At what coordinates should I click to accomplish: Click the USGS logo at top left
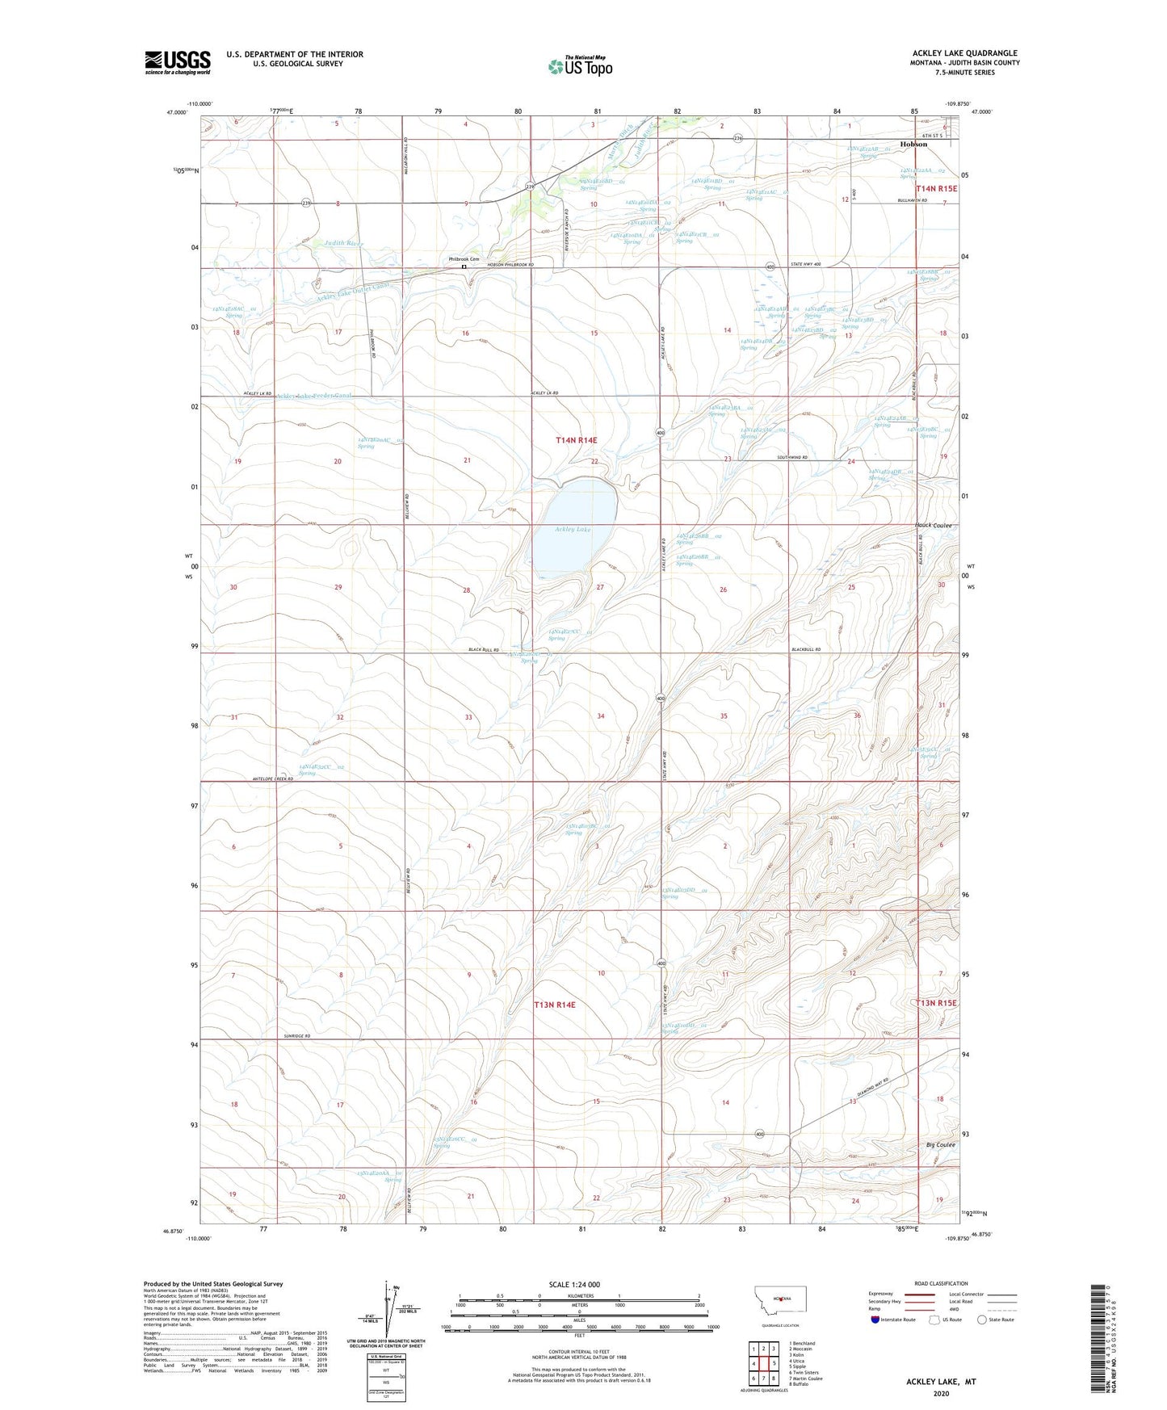pos(178,61)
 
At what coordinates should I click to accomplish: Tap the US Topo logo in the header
pos(580,66)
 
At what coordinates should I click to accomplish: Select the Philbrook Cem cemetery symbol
pos(464,266)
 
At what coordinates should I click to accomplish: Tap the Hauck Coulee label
pos(934,526)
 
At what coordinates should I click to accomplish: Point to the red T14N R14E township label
pos(577,440)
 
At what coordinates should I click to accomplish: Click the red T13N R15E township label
pos(936,1003)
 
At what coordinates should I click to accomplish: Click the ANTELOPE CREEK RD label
pos(268,778)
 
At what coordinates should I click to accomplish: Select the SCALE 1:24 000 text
pos(574,1284)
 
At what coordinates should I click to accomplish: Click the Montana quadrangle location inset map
pos(779,1299)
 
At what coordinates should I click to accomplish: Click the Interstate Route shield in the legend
pos(877,1320)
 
